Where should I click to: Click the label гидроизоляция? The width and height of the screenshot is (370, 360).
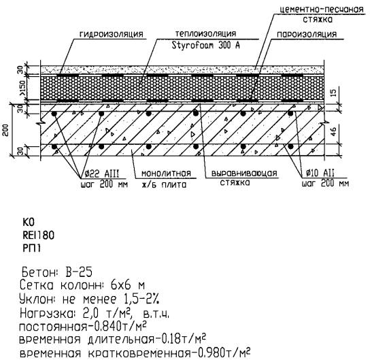coord(111,34)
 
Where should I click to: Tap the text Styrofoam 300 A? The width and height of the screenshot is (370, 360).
coord(205,45)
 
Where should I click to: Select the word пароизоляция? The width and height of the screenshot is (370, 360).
coord(307,35)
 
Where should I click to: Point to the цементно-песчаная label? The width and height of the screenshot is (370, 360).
coord(322,10)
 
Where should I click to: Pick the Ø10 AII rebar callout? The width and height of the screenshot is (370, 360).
coord(320,174)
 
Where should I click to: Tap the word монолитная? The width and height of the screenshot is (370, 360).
coord(166,174)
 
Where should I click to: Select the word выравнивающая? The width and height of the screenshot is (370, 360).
coord(244,174)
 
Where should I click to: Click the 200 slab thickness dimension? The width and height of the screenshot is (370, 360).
coord(6,130)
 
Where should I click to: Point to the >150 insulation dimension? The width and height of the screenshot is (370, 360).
coord(22,88)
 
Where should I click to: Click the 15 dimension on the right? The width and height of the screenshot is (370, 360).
coord(333,93)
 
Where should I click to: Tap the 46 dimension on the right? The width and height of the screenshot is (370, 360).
coord(333,131)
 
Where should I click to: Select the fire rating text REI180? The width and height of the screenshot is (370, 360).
coord(39,235)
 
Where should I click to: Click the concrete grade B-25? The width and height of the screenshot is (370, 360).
coord(78,272)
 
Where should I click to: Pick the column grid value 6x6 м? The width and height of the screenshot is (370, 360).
coord(127,285)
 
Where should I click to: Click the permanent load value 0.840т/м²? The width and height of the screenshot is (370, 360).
coord(120,327)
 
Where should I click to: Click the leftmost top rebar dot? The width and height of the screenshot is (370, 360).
coord(54,114)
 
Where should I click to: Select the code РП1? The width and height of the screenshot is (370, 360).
coord(31,248)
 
